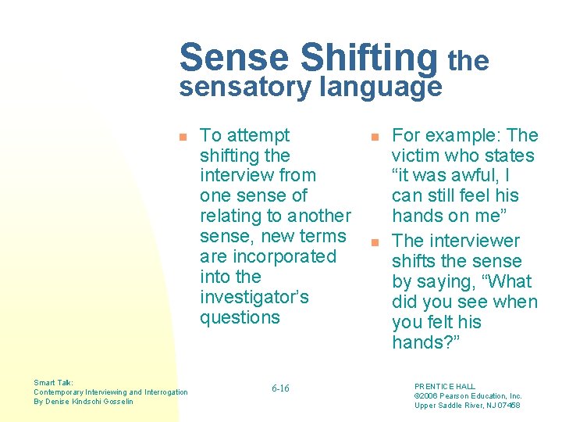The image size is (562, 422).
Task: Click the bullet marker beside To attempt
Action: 183,137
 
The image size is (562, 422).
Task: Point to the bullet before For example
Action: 374,137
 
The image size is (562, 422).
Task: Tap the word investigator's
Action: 254,297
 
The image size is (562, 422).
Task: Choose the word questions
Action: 240,317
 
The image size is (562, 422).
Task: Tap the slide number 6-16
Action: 280,388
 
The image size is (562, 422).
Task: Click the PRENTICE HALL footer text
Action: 444,386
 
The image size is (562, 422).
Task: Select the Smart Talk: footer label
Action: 54,383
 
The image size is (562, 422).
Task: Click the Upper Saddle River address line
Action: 467,405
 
